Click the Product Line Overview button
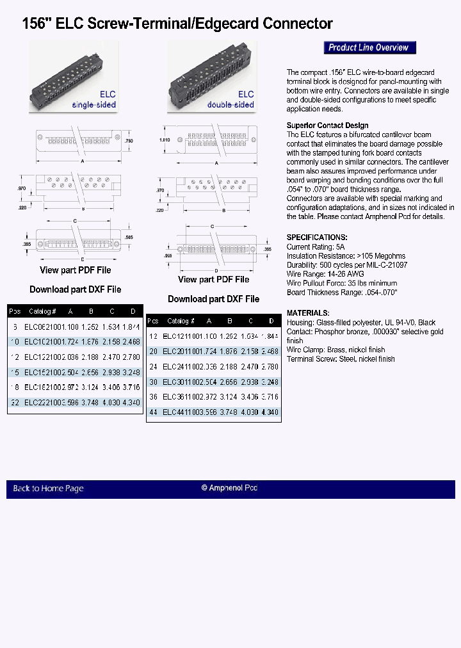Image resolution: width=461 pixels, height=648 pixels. tap(369, 47)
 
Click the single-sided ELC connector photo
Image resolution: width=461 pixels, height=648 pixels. tap(74, 77)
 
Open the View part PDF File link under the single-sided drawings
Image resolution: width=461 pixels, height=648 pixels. tap(75, 270)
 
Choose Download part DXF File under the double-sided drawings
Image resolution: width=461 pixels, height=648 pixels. tap(213, 299)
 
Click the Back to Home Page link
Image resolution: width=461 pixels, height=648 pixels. tap(48, 489)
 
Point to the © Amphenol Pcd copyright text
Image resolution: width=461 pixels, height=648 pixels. tap(229, 488)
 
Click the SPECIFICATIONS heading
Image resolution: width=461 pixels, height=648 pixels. tap(317, 237)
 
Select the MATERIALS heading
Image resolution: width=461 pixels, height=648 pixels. tap(308, 313)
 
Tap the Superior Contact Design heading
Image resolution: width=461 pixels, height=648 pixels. tap(327, 126)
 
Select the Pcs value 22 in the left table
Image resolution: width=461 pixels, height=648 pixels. tap(15, 402)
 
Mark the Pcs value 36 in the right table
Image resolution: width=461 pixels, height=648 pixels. tap(153, 397)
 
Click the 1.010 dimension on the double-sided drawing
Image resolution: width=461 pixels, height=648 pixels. tap(163, 138)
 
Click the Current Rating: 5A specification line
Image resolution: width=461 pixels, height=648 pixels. tap(316, 247)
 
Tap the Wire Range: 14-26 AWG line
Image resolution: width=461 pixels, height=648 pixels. tap(325, 273)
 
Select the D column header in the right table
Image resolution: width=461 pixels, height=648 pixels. tap(271, 321)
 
